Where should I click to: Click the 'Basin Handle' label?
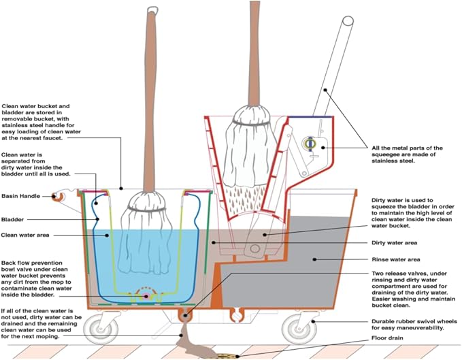point(21,196)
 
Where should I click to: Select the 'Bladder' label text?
point(13,220)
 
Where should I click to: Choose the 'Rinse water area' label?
point(396,259)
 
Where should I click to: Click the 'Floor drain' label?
point(389,338)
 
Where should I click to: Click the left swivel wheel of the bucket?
point(101,329)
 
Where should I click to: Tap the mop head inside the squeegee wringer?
point(250,146)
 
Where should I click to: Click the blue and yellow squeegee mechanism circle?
point(310,144)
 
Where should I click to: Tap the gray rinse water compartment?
point(313,265)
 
